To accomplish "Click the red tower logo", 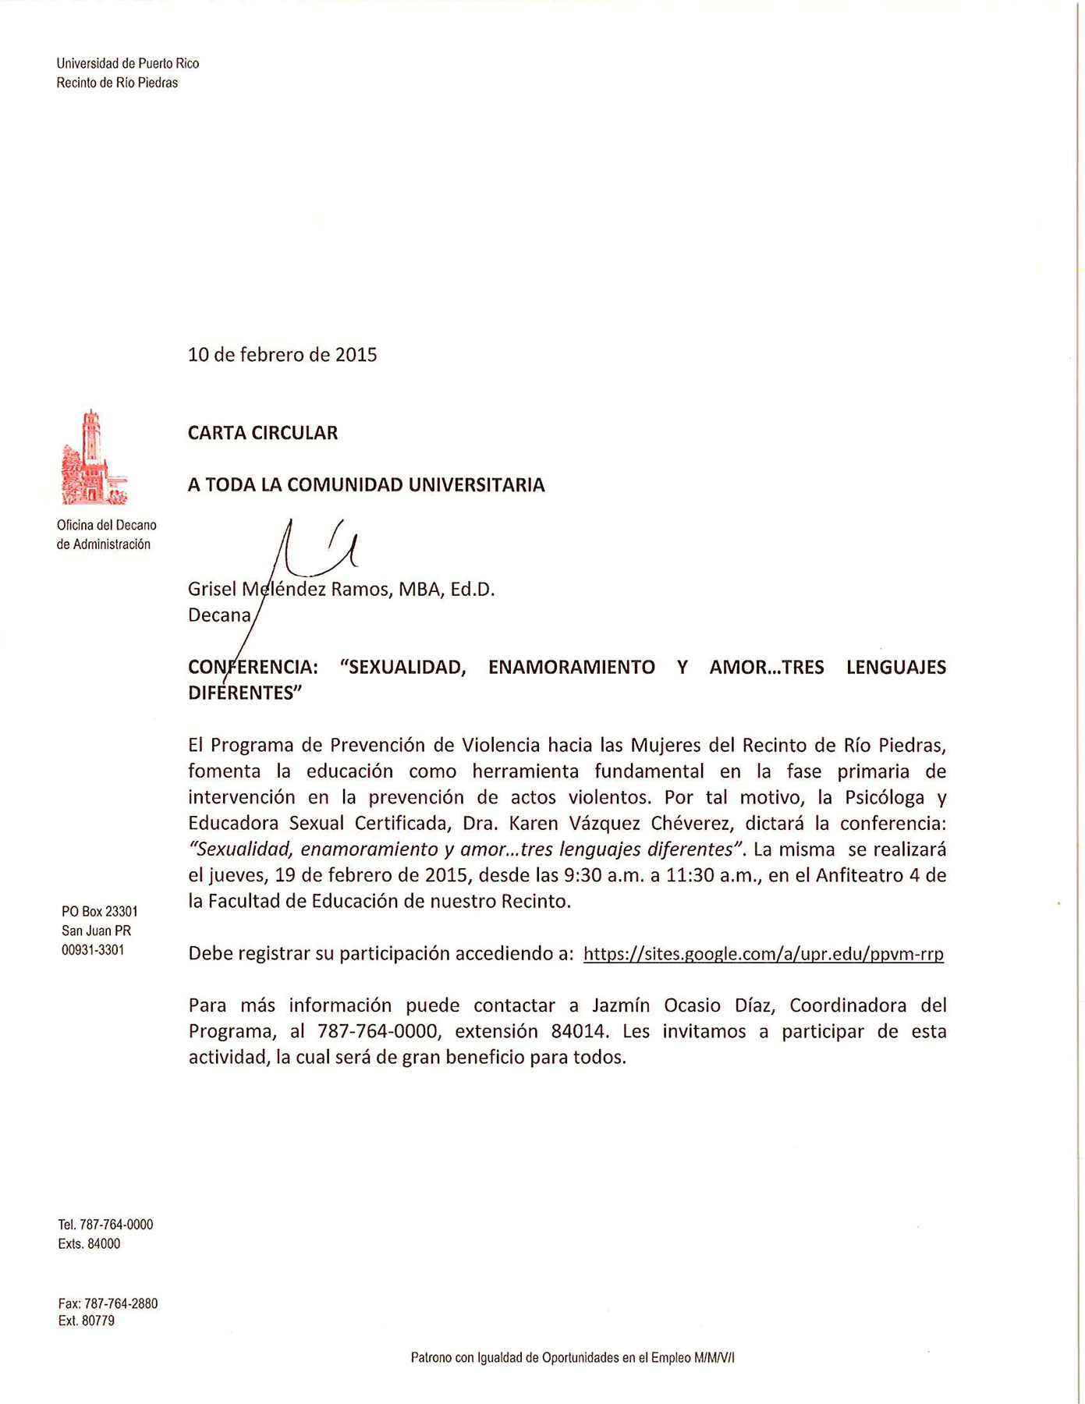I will click(93, 458).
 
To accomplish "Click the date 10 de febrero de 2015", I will click(282, 355).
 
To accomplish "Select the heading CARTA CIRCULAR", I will click(263, 433).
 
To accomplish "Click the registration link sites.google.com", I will click(763, 953).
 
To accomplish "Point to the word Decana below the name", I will click(219, 615).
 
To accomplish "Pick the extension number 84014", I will click(578, 1031).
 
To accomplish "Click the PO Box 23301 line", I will click(100, 911).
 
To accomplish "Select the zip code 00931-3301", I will click(93, 950).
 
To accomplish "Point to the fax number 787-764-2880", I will click(120, 1303).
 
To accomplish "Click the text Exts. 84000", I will click(89, 1244).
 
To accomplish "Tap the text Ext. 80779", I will click(87, 1321).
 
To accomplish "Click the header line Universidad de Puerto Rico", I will click(127, 64).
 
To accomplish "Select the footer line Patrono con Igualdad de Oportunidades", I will click(573, 1358).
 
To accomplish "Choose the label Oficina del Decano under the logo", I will click(106, 526).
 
